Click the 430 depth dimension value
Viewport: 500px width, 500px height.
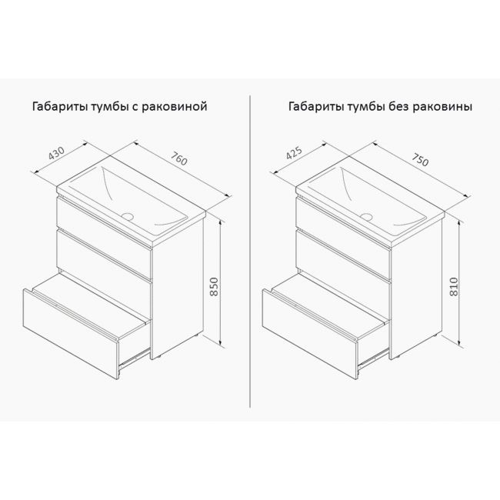tap(57, 153)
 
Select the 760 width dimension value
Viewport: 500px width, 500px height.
tap(179, 158)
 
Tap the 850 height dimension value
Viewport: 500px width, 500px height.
tap(215, 287)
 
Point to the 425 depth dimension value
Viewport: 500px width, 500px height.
tap(295, 153)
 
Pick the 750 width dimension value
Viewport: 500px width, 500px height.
tap(420, 159)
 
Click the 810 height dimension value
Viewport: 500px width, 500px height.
tap(453, 287)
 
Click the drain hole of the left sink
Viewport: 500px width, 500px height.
tap(128, 216)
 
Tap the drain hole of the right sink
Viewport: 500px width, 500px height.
tap(368, 217)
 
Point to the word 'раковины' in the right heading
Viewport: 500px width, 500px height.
tap(443, 107)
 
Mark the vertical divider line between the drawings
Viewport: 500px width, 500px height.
tap(250, 251)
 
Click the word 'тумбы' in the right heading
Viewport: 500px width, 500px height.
tap(366, 107)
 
